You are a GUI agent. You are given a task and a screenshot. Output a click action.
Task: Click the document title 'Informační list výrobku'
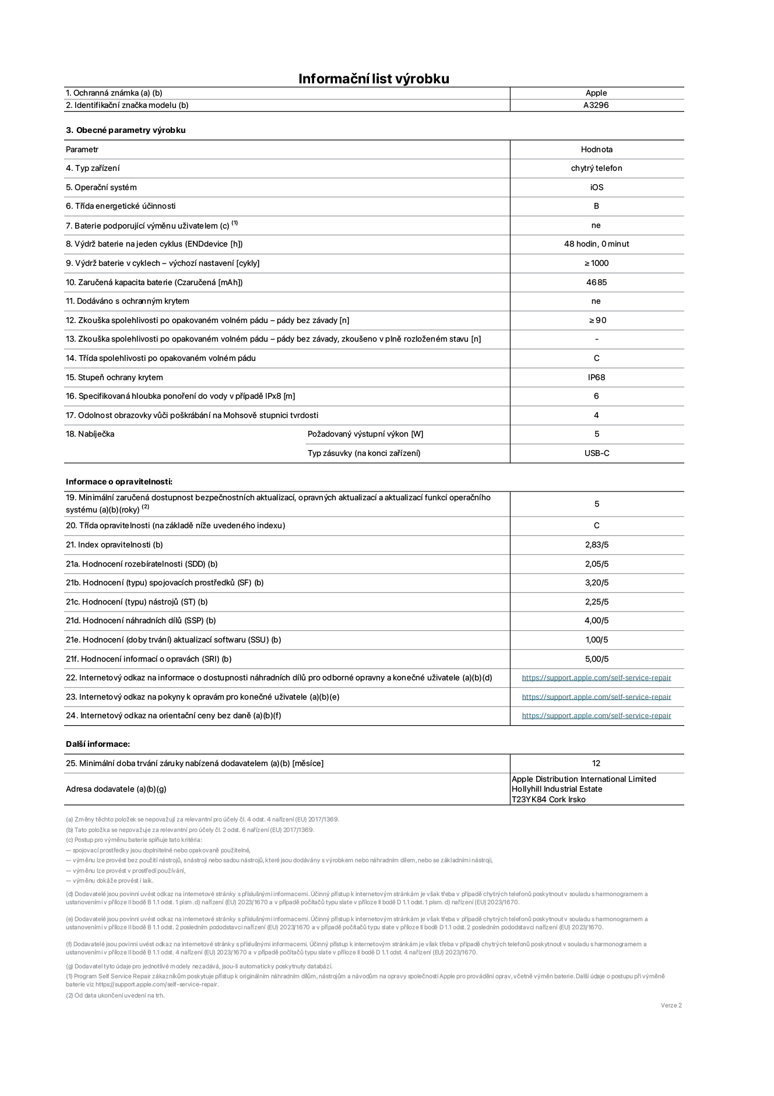pyautogui.click(x=374, y=79)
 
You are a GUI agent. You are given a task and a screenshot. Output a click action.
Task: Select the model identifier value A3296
pyautogui.click(x=596, y=106)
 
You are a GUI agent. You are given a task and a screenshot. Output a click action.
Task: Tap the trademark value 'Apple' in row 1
pyautogui.click(x=596, y=93)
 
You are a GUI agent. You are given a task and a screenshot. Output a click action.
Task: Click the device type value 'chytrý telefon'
pyautogui.click(x=596, y=168)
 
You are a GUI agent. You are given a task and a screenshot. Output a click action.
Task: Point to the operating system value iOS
pyautogui.click(x=596, y=188)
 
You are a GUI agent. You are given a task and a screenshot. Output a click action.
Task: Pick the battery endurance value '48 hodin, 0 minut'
pyautogui.click(x=596, y=244)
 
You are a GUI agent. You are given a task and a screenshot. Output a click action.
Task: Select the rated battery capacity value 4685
pyautogui.click(x=596, y=282)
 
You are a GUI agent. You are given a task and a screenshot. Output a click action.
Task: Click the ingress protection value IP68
pyautogui.click(x=596, y=377)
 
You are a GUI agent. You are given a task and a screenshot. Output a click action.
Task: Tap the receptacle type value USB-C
pyautogui.click(x=597, y=453)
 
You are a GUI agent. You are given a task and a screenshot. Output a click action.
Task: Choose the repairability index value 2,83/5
pyautogui.click(x=596, y=545)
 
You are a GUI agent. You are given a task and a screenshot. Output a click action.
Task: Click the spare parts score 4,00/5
pyautogui.click(x=596, y=621)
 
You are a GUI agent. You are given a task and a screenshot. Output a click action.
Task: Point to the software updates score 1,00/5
pyautogui.click(x=596, y=640)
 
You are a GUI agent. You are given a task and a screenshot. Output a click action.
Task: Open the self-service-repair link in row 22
pyautogui.click(x=596, y=678)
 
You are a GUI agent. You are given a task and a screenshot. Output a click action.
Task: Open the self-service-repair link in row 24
pyautogui.click(x=596, y=716)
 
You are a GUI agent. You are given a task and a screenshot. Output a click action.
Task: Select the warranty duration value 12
pyautogui.click(x=596, y=763)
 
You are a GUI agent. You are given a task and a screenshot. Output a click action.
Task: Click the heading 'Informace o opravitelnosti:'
pyautogui.click(x=119, y=482)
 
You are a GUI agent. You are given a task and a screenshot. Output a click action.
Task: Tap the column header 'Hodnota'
pyautogui.click(x=596, y=150)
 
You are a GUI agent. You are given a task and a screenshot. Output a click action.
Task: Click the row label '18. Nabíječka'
pyautogui.click(x=90, y=434)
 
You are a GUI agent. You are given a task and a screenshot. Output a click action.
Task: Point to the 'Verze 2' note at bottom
pyautogui.click(x=671, y=1005)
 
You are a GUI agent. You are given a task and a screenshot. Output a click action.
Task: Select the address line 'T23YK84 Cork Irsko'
pyautogui.click(x=548, y=799)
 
